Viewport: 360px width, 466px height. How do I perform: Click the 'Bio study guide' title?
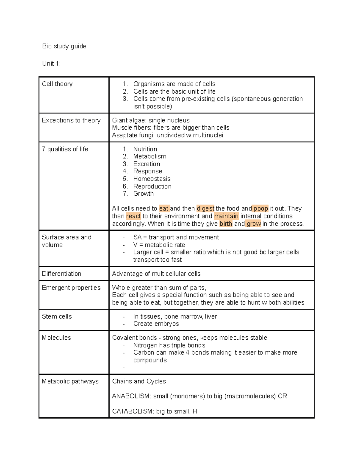coord(64,46)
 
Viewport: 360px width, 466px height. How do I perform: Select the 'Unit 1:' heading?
coord(51,64)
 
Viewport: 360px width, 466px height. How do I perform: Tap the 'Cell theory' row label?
coord(57,84)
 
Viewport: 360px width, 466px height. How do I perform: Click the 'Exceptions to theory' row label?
coord(71,120)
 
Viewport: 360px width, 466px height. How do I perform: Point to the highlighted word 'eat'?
coord(164,209)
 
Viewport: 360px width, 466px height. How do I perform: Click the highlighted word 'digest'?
coord(205,209)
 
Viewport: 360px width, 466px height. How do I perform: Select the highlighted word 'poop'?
coord(260,209)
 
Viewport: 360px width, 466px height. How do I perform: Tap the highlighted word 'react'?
coord(133,216)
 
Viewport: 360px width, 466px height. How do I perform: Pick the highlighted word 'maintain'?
coord(226,216)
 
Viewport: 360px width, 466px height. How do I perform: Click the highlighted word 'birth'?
coord(226,224)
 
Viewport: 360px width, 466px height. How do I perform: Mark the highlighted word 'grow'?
coord(253,224)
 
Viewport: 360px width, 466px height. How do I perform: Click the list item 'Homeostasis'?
coord(152,179)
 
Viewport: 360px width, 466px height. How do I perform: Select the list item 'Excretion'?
coord(147,164)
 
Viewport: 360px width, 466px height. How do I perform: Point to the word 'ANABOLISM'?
coord(131,396)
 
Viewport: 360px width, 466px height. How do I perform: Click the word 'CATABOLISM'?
coord(132,411)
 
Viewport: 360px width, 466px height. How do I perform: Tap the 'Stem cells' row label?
coord(57,317)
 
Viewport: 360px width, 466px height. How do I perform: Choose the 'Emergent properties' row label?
coord(71,288)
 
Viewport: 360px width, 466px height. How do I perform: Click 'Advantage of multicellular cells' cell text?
coord(156,274)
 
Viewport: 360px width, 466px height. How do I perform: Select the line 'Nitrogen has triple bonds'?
coord(169,345)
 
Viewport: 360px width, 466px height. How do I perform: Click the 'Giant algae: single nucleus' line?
coord(151,120)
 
